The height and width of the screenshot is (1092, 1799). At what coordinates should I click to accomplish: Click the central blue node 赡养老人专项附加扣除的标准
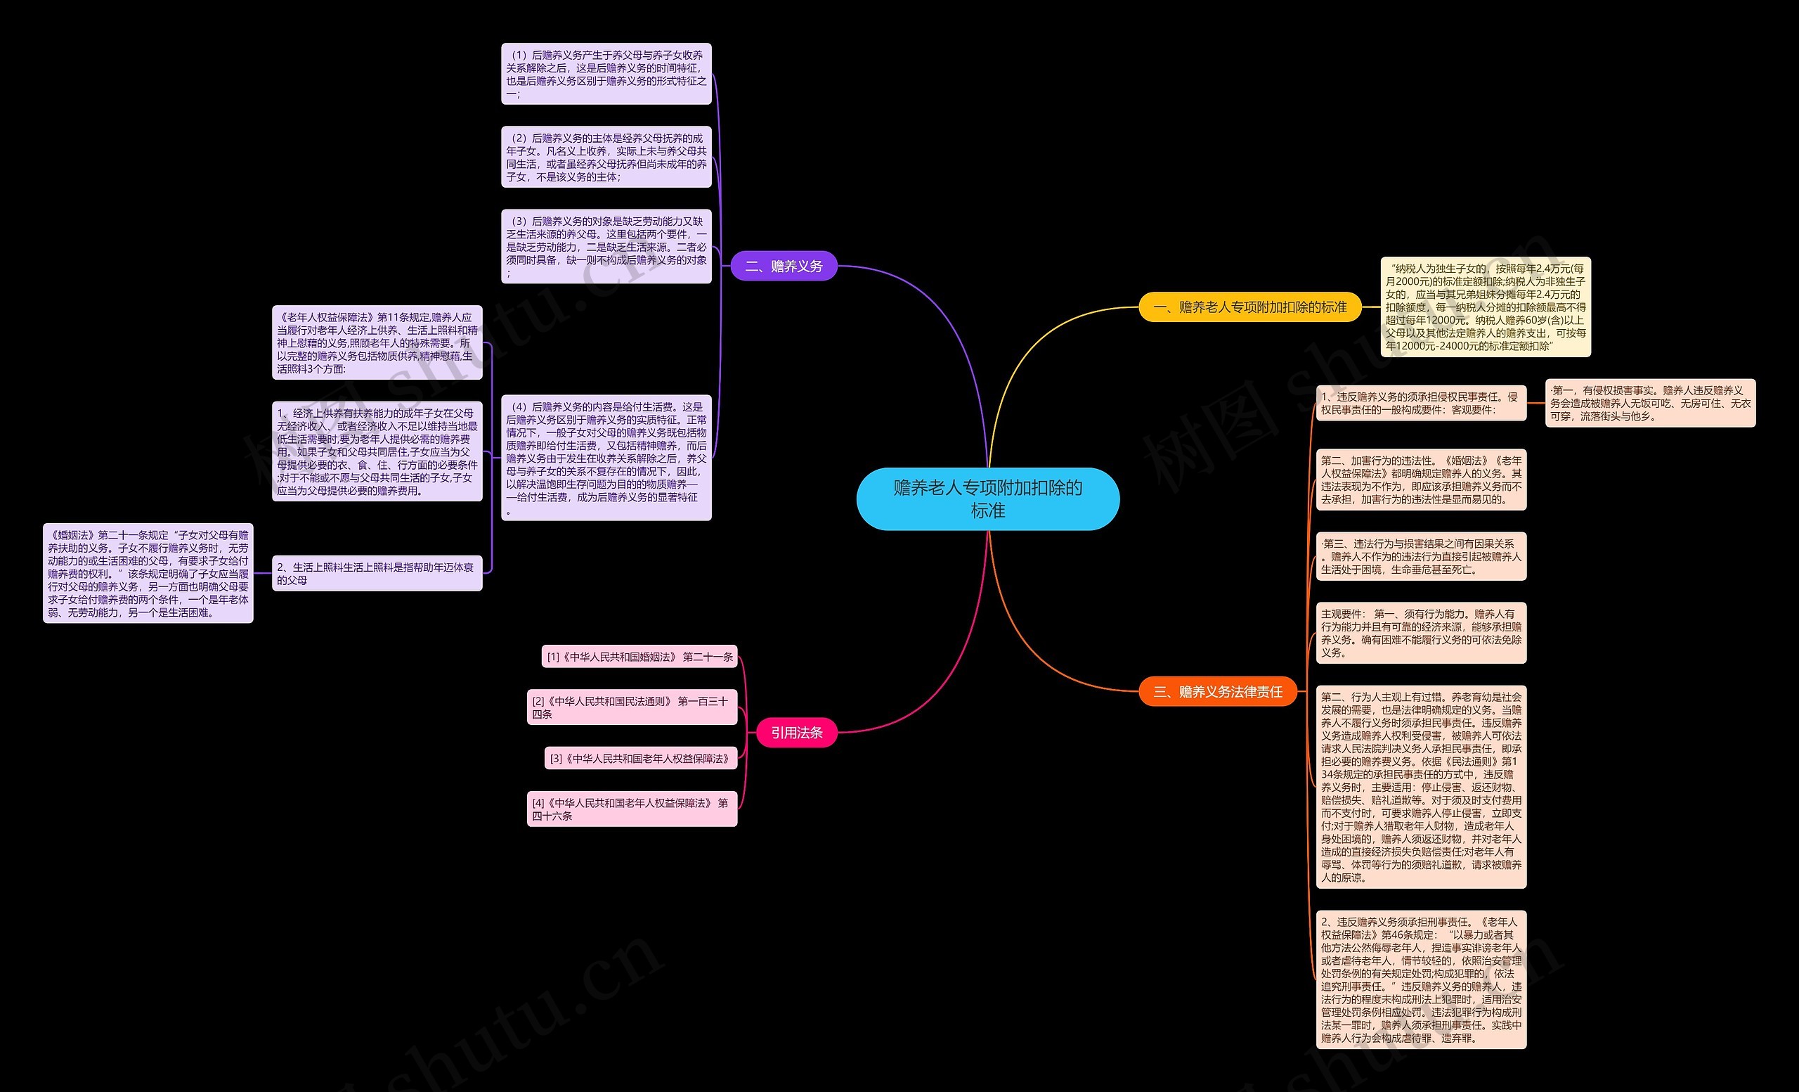(x=987, y=499)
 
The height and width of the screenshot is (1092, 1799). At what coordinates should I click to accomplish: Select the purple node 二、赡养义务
(x=784, y=266)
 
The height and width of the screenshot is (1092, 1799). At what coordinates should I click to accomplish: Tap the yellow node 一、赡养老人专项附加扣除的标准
(x=1249, y=307)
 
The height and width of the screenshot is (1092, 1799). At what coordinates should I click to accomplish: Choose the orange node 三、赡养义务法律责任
(x=1217, y=692)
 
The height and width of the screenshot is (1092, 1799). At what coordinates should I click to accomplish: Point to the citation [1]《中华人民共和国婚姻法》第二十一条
(x=639, y=657)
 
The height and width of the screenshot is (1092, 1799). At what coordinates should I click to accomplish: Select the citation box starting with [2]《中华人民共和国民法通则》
(x=632, y=707)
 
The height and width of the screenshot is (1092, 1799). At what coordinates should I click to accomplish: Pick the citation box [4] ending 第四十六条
(x=632, y=809)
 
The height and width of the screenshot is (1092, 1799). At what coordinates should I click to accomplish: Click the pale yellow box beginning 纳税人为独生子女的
(x=1485, y=307)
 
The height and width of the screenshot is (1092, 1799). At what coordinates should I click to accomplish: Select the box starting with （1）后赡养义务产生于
(x=606, y=74)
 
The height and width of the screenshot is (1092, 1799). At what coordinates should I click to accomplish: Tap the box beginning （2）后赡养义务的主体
(x=606, y=157)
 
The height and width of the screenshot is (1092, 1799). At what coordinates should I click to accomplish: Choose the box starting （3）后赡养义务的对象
(x=606, y=246)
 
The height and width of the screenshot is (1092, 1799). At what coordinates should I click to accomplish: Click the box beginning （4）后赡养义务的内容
(x=606, y=457)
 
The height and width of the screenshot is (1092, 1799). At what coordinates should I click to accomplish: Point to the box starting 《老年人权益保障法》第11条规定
(x=377, y=342)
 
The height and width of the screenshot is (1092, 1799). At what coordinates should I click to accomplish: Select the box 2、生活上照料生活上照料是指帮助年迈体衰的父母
(x=377, y=573)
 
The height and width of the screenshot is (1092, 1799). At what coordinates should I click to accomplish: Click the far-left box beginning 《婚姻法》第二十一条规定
(x=148, y=573)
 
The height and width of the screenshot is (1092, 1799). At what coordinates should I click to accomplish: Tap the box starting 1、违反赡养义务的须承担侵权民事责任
(x=1420, y=403)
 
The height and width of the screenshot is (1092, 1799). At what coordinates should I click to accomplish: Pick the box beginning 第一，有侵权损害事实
(x=1650, y=403)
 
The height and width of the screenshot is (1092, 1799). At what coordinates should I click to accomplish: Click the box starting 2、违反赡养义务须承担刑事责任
(x=1420, y=979)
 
